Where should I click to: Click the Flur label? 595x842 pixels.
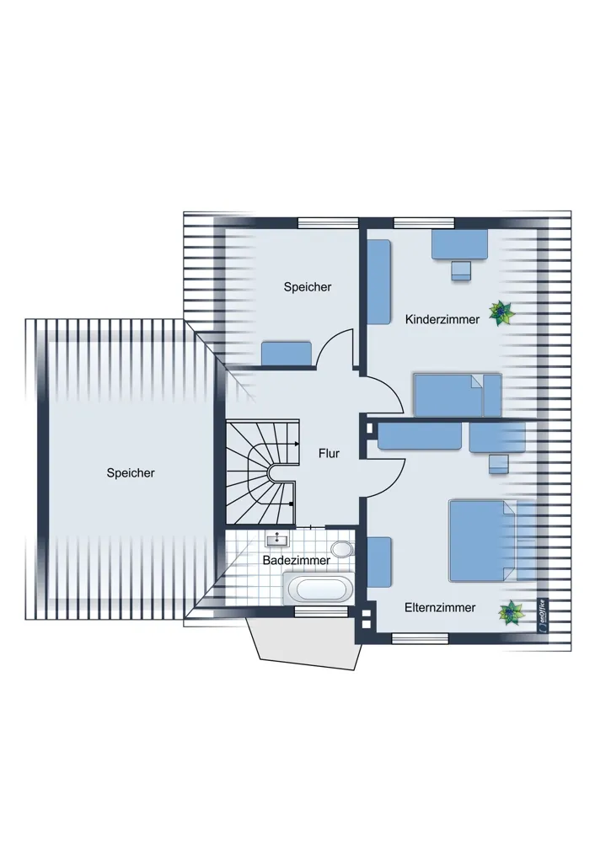(x=329, y=453)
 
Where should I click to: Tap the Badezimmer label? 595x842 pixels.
(x=296, y=560)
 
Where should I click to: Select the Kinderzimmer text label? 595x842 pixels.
(x=442, y=319)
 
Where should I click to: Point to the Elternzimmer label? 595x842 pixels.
(x=440, y=607)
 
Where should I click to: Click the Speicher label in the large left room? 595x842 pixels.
(x=131, y=473)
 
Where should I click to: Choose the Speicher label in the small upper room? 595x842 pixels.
(x=308, y=287)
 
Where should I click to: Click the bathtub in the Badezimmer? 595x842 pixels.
(x=318, y=588)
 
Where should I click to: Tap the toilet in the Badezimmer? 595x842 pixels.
(x=341, y=549)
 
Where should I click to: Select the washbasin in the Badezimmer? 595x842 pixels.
(x=277, y=538)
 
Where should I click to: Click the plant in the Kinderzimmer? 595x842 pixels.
(x=501, y=313)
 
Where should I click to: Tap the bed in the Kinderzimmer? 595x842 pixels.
(x=458, y=395)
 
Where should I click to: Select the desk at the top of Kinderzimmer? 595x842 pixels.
(x=459, y=244)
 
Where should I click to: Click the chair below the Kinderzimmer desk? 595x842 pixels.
(x=461, y=270)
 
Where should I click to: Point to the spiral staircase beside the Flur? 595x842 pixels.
(x=261, y=472)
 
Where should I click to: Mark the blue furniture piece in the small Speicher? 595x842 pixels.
(x=287, y=354)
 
